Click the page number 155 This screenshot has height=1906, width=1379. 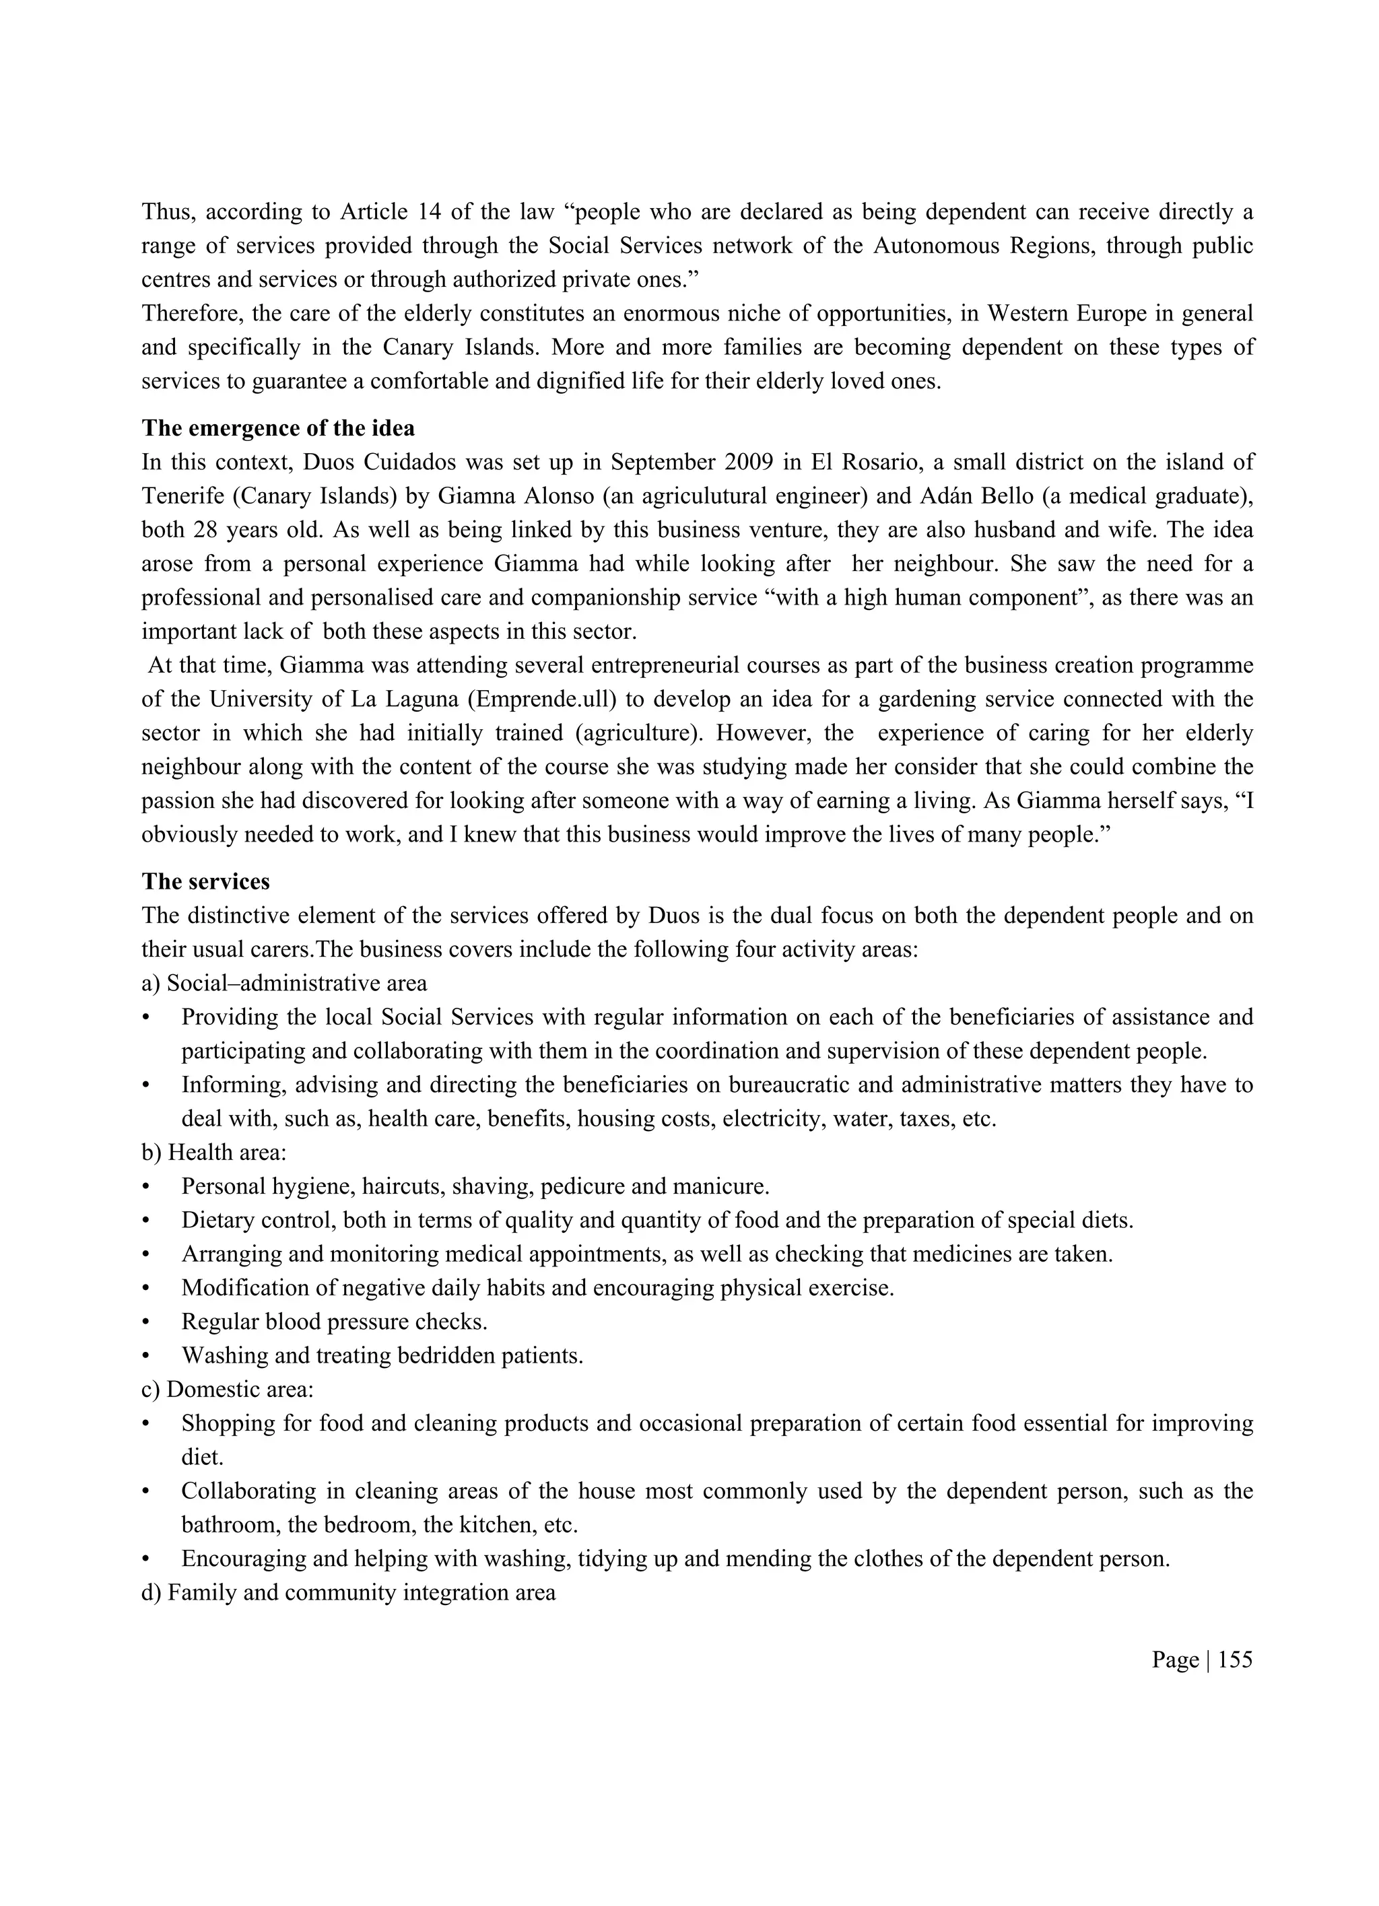1234,1660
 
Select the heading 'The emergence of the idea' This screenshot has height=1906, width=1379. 278,429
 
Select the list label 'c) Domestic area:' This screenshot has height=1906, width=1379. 228,1390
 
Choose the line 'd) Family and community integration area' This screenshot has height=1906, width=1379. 349,1594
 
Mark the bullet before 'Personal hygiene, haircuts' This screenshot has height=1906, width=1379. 146,1188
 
